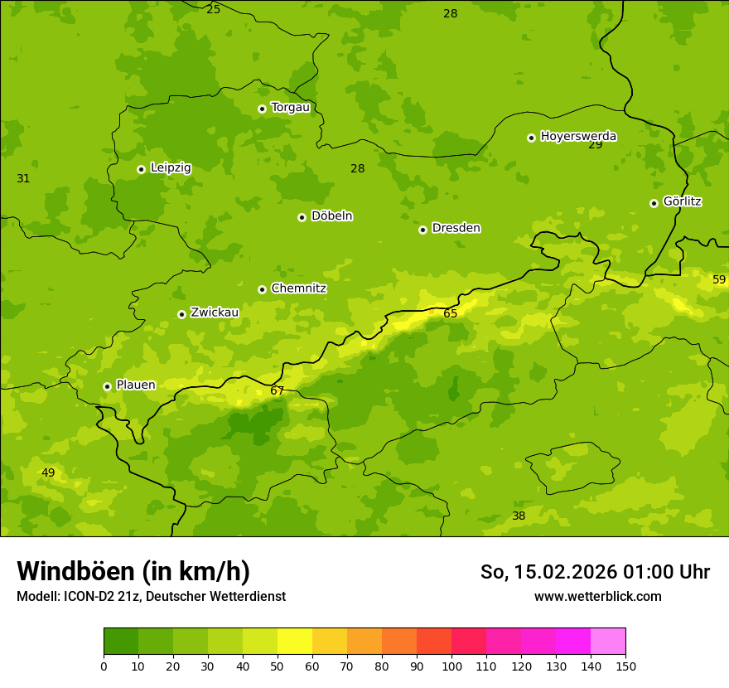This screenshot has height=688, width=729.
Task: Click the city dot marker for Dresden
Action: pos(422,230)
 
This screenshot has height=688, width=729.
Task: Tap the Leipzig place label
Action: pos(171,168)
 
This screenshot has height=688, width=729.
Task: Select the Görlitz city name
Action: pos(682,201)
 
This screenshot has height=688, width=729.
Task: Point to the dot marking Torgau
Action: pos(262,109)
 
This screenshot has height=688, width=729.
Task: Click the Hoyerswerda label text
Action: pos(578,137)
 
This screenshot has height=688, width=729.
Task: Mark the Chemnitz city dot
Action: pos(262,289)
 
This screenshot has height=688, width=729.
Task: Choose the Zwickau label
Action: pos(215,313)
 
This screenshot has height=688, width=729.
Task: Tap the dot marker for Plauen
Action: pos(107,386)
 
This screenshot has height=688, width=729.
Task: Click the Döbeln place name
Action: pos(331,216)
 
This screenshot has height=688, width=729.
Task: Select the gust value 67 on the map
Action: pos(278,390)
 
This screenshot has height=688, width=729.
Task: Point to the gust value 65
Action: pos(450,313)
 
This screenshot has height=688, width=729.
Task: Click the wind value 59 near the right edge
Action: pos(718,279)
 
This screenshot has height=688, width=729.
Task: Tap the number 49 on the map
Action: pos(48,472)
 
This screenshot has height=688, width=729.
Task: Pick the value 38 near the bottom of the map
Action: pos(519,516)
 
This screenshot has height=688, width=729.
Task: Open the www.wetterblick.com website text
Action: pos(597,596)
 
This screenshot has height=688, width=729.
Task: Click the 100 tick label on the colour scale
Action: pos(451,666)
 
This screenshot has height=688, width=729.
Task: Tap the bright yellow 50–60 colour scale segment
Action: pos(295,642)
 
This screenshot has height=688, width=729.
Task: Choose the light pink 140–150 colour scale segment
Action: pos(608,642)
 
